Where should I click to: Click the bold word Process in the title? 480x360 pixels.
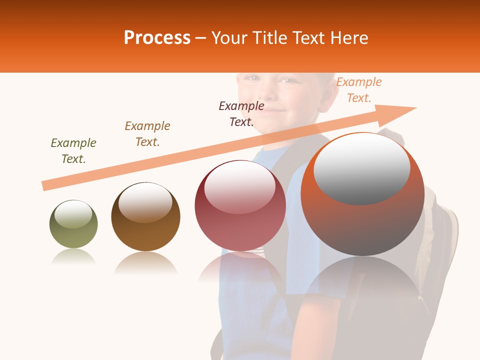click(x=157, y=38)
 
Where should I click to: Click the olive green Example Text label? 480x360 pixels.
click(x=73, y=151)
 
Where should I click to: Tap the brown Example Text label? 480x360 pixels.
click(x=147, y=134)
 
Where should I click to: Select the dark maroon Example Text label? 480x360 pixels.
click(x=241, y=113)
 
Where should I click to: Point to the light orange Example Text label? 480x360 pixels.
click(x=358, y=90)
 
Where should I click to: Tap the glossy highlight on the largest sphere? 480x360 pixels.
click(x=361, y=167)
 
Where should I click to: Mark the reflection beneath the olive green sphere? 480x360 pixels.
click(x=73, y=257)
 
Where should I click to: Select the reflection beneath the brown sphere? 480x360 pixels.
click(x=145, y=263)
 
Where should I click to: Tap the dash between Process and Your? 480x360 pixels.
click(x=201, y=38)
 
